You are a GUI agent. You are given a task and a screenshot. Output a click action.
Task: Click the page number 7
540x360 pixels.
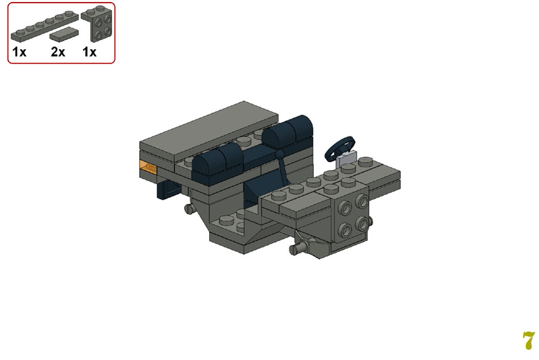pos(529,340)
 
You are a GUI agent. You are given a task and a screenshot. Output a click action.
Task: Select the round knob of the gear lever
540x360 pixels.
pos(280,153)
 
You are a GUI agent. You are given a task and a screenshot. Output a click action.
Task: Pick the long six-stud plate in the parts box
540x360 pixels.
pos(45,26)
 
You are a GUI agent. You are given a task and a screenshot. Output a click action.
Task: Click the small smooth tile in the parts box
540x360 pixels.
pos(64,34)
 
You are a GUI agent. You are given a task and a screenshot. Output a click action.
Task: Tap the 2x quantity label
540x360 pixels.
pos(58,52)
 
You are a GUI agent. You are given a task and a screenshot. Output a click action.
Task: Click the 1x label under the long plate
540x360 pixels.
pos(20,52)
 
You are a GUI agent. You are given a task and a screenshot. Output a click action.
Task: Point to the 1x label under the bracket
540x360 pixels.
pos(90,52)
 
